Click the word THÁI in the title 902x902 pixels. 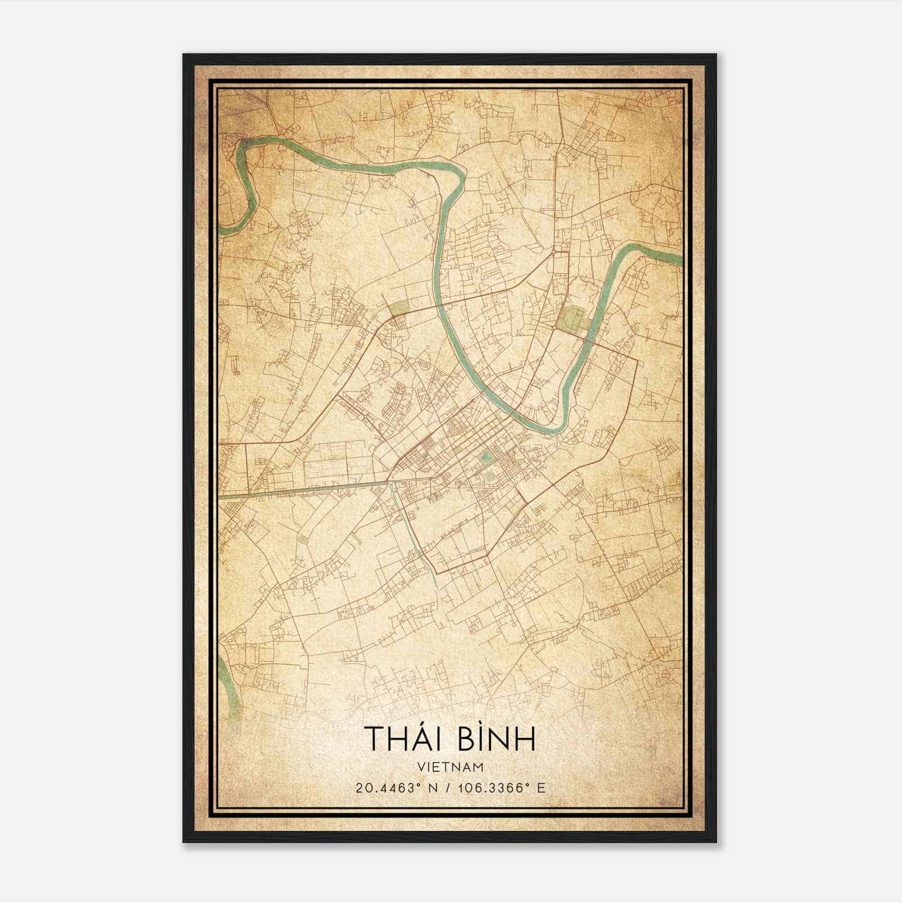pos(404,739)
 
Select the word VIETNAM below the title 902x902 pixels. pos(450,767)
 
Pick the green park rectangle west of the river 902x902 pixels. pos(399,308)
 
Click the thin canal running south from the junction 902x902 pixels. pos(416,536)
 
